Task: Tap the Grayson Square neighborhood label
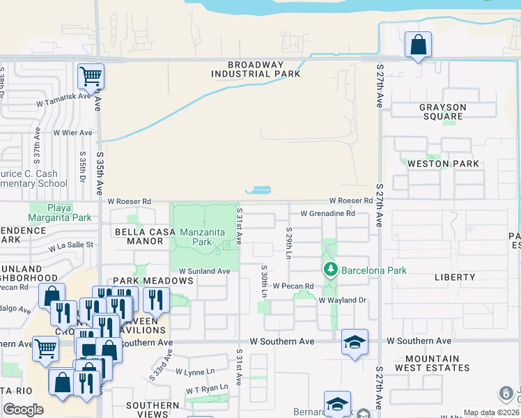click(442, 112)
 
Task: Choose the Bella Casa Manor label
click(134, 236)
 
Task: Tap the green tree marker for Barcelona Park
click(330, 269)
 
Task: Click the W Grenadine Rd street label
click(327, 214)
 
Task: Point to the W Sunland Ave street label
click(204, 271)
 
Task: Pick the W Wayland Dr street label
click(342, 300)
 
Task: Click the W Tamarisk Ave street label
click(65, 96)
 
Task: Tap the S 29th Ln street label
click(288, 242)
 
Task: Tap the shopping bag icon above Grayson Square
click(418, 45)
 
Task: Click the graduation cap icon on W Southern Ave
click(355, 342)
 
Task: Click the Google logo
click(23, 410)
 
